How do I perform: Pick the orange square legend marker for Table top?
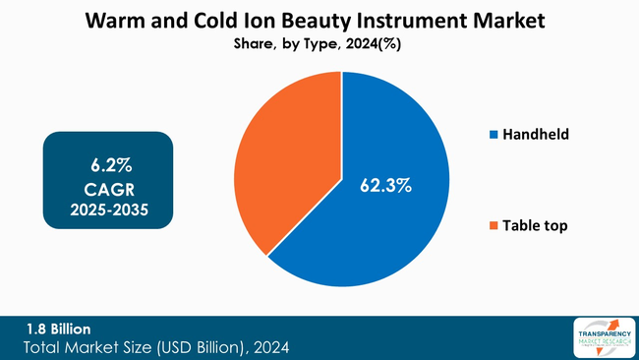(493, 226)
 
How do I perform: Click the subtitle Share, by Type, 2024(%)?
(319, 43)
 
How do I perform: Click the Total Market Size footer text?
(157, 347)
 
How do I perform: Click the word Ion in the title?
(255, 20)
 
